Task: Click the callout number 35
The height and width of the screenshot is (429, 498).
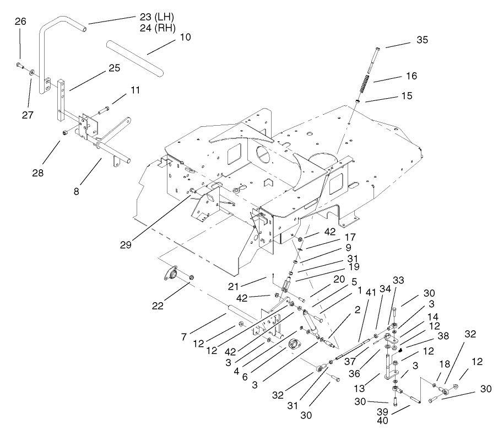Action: pyautogui.click(x=421, y=40)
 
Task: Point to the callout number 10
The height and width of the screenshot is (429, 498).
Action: pyautogui.click(x=185, y=37)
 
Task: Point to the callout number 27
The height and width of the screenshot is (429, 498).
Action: pyautogui.click(x=28, y=115)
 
